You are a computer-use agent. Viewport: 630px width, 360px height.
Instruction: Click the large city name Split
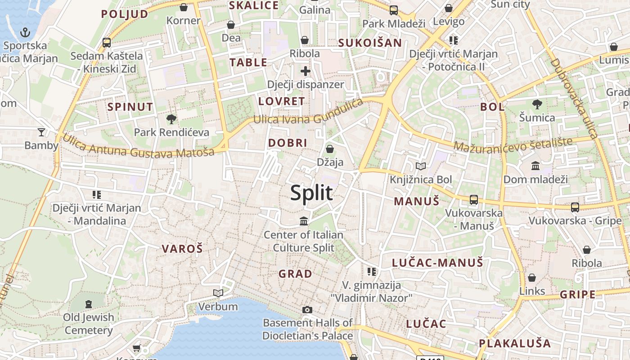[x=311, y=193]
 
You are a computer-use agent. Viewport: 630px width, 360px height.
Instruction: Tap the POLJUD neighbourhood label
[x=125, y=14]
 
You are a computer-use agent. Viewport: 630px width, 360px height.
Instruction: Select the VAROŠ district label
[x=182, y=248]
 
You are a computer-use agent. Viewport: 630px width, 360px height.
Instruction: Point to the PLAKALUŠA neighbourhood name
[x=515, y=343]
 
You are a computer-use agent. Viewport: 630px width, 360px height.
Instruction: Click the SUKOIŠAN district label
[x=370, y=43]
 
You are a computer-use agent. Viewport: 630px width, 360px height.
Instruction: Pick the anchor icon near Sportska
[x=25, y=32]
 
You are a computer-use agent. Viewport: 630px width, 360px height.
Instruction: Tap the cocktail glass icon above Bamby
[x=41, y=132]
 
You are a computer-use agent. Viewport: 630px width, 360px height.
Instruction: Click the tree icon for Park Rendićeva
[x=171, y=119]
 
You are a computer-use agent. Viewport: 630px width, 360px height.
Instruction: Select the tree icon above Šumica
[x=537, y=104]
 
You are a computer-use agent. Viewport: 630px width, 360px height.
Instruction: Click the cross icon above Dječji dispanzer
[x=306, y=71]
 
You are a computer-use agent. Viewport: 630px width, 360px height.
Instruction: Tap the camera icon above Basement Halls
[x=307, y=310]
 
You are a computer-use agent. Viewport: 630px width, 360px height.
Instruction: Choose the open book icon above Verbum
[x=218, y=293]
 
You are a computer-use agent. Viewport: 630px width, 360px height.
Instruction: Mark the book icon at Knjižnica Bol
[x=421, y=166]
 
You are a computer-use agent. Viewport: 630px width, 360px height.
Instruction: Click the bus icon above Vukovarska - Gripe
[x=575, y=207]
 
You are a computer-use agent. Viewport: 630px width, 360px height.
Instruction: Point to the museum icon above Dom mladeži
[x=535, y=166]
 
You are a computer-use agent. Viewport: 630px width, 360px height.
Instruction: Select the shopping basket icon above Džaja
[x=330, y=149]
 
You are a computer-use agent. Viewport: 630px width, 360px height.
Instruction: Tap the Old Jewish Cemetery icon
[x=89, y=304]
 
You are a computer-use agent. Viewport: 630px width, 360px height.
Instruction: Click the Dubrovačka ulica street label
[x=574, y=98]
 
